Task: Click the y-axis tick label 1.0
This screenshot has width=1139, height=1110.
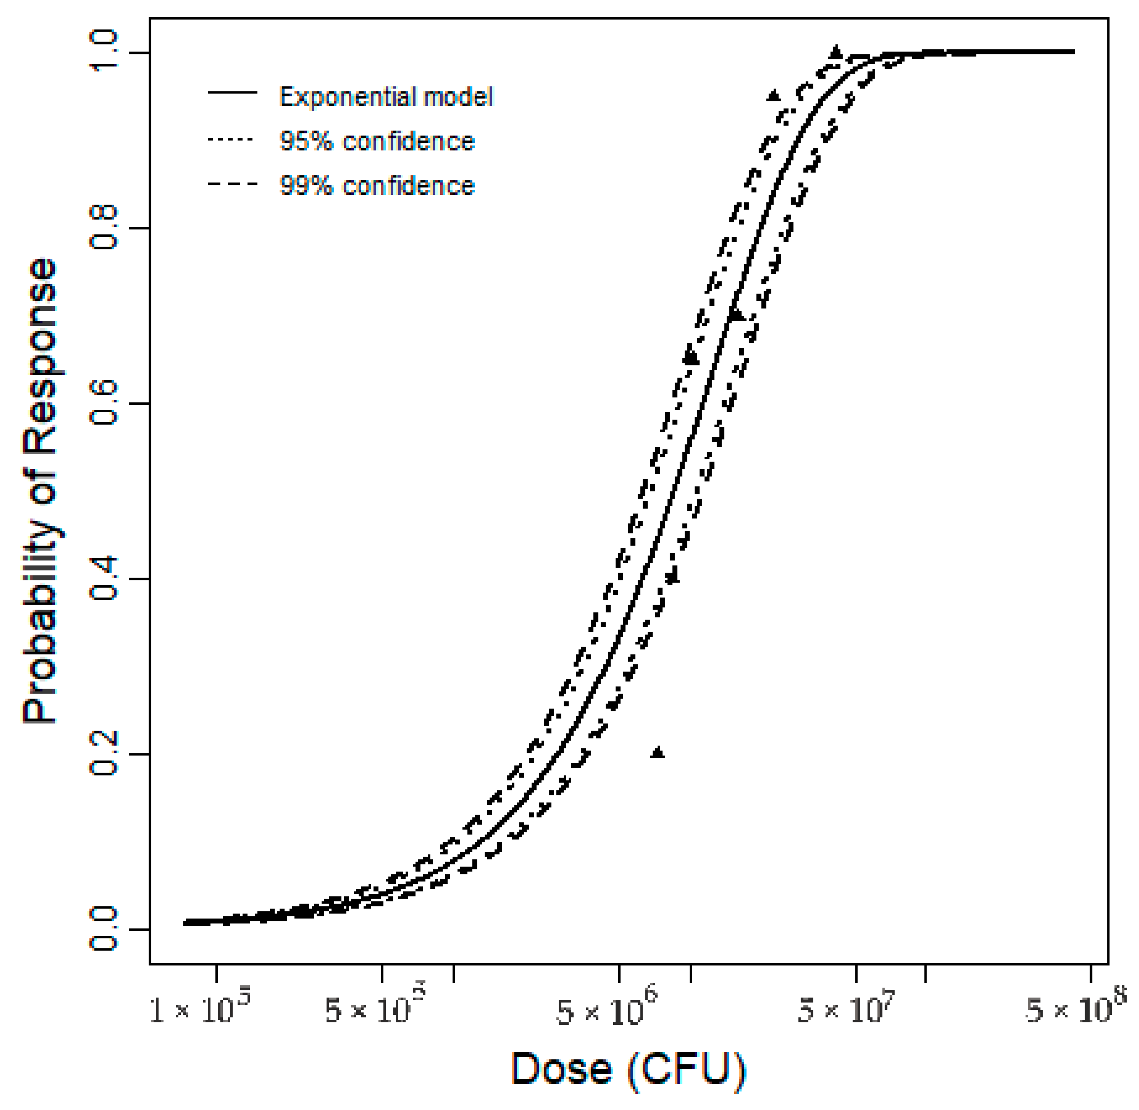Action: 104,52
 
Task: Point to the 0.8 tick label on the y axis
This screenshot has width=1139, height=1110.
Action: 104,228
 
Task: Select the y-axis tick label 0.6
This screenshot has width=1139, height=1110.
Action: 104,404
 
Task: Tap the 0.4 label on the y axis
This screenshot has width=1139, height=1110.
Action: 104,579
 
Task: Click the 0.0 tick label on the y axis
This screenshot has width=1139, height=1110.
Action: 104,930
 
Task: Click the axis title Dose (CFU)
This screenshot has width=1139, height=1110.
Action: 628,1070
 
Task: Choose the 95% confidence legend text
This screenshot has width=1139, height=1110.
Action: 377,141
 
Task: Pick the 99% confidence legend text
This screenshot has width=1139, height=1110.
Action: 377,185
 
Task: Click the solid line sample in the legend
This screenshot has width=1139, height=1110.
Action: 232,92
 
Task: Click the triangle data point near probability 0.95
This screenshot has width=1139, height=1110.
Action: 773,96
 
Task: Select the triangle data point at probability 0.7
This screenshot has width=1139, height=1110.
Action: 737,315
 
